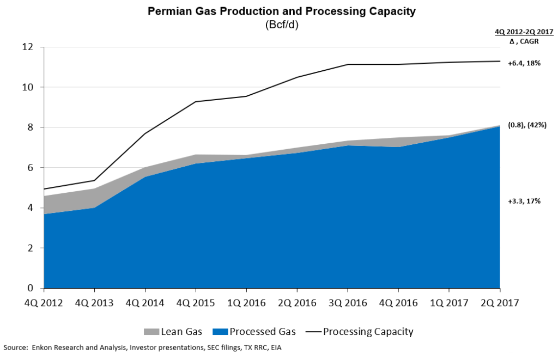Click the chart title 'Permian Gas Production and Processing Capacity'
282,11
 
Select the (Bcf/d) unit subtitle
282,25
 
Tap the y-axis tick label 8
31,127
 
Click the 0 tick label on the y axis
31,288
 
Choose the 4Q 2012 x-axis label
44,303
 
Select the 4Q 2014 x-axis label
145,303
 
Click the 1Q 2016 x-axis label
246,303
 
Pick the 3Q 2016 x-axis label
348,303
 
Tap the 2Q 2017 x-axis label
500,303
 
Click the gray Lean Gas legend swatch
151,332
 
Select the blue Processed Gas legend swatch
220,332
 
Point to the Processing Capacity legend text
368,332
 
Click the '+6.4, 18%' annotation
524,63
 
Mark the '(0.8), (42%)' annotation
527,125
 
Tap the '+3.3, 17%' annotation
524,202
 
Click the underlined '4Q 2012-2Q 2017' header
524,32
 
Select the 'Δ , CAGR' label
524,41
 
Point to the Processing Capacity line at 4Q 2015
196,102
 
